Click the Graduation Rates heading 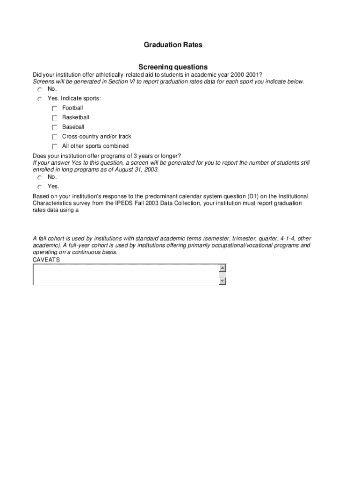pos(173,45)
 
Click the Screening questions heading pos(173,67)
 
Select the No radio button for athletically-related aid pos(40,89)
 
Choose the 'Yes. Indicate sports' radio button pos(40,99)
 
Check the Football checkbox pos(55,109)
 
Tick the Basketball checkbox pos(55,118)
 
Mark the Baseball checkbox pos(55,127)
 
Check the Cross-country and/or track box pos(55,137)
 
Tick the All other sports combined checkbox pos(55,146)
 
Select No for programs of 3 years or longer pos(40,178)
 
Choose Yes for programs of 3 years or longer pos(40,187)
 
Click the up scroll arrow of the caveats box pos(222,268)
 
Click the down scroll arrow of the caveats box pos(222,281)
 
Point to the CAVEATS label pos(46,260)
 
